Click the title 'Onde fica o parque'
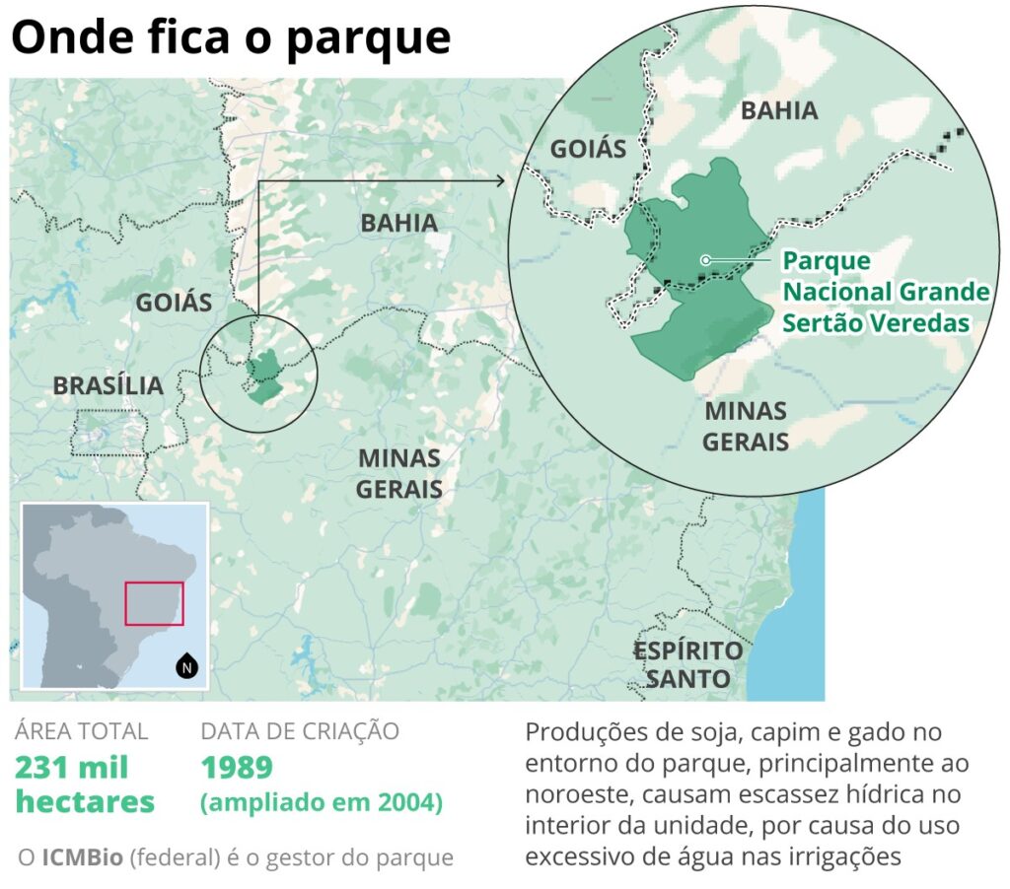(x=231, y=37)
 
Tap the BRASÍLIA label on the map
(x=108, y=385)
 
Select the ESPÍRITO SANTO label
(x=687, y=664)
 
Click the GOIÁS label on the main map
(x=174, y=302)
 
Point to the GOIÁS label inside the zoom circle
(x=588, y=148)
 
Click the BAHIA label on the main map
(x=398, y=223)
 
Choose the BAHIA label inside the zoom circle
(x=779, y=109)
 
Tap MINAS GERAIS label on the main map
(x=398, y=473)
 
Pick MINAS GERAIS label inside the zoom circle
(x=746, y=425)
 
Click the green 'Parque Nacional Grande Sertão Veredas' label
(x=885, y=292)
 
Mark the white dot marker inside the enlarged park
(x=704, y=260)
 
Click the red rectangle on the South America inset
(x=154, y=603)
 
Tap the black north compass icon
(x=187, y=667)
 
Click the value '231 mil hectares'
(x=85, y=784)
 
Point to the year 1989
(x=237, y=767)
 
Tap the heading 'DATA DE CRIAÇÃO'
(x=300, y=730)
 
